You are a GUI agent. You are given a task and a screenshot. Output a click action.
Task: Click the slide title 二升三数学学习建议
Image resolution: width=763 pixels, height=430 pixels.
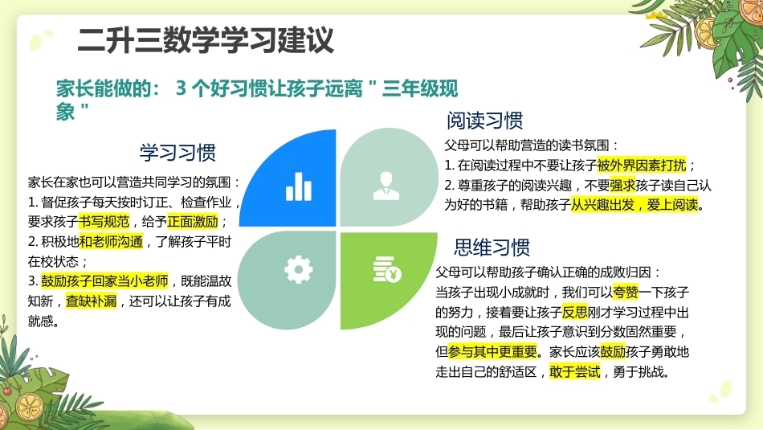coord(206,40)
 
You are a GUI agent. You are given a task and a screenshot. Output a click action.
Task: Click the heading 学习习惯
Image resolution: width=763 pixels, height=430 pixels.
coord(177,153)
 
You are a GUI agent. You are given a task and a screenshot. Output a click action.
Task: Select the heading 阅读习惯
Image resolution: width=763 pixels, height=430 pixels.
coord(484,121)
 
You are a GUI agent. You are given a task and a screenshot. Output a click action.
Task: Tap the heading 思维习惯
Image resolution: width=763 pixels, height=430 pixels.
coord(492,248)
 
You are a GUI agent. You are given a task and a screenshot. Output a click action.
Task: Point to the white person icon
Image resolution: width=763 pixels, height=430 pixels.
coord(386,186)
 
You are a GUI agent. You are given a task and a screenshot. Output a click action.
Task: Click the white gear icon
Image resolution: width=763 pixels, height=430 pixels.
coord(298,269)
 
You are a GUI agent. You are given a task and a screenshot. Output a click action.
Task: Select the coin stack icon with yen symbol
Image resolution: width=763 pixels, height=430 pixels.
coord(387,269)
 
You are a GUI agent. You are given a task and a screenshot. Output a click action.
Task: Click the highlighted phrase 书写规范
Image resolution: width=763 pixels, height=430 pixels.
coord(104,222)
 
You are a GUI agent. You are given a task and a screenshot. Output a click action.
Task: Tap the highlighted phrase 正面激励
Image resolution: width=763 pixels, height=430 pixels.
coord(193,222)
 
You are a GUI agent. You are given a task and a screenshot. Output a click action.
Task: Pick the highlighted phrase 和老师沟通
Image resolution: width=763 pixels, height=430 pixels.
coord(111,242)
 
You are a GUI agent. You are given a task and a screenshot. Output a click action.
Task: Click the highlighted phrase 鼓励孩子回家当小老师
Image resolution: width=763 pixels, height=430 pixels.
coord(104,281)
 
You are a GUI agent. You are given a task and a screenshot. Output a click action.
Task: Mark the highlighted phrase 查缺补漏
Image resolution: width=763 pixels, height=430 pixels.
coord(92,301)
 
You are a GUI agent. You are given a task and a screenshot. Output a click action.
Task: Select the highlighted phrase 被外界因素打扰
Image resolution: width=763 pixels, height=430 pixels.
coord(642,165)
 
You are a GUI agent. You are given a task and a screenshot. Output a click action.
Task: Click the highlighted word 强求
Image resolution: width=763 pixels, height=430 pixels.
coord(622,185)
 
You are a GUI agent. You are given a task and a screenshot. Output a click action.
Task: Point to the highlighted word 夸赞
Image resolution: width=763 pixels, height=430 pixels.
coord(626,293)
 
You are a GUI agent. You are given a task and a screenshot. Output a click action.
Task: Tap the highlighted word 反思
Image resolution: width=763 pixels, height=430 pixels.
coord(575,312)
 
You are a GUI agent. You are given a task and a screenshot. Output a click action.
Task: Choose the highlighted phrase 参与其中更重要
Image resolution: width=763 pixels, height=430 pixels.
coord(492,351)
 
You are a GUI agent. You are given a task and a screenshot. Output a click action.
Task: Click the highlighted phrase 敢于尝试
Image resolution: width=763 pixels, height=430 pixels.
coord(575,371)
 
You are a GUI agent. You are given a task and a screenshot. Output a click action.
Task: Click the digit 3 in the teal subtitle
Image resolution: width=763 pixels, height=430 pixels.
coord(181,88)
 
